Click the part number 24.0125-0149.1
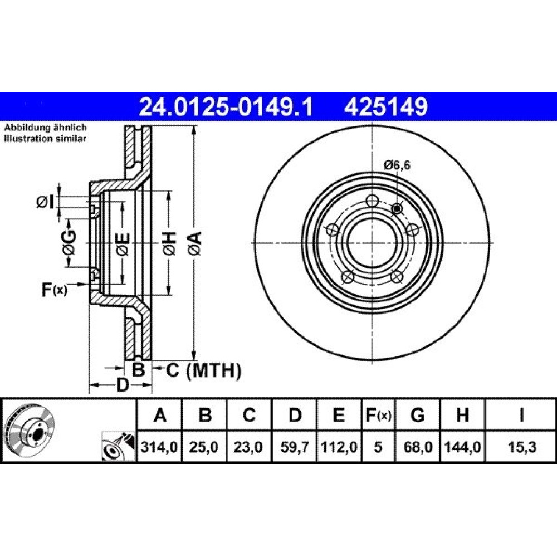point(226,107)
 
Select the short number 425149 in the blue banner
point(386,107)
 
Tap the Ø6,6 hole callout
point(397,165)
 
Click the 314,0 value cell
point(159,447)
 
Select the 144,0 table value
point(462,447)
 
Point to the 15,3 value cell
point(521,447)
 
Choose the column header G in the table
point(418,415)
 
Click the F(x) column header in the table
point(378,415)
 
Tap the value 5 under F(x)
point(378,447)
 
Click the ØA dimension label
point(196,243)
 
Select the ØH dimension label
point(170,243)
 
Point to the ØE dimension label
point(123,245)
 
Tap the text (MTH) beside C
point(214,370)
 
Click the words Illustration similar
point(45,139)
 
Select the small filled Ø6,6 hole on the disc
point(396,209)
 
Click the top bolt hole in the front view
point(372,201)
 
